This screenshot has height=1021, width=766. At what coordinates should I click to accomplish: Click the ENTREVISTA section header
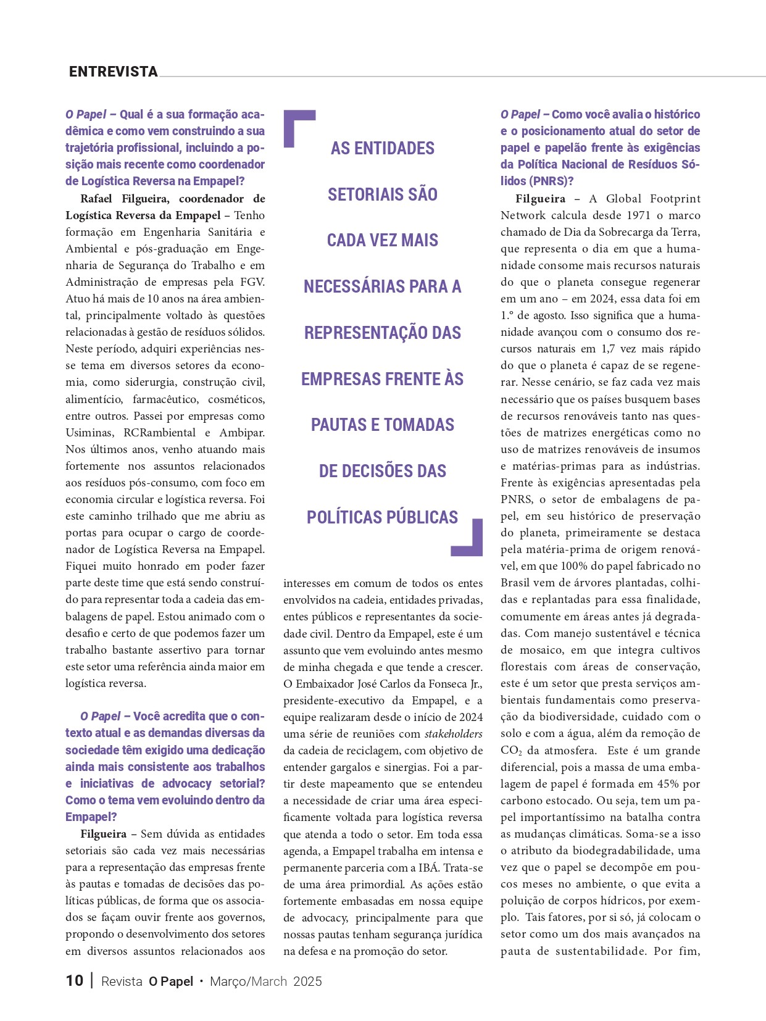(x=114, y=72)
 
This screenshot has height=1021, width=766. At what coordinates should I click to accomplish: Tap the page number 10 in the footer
(x=75, y=981)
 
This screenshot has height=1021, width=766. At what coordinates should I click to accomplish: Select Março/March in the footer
(x=248, y=981)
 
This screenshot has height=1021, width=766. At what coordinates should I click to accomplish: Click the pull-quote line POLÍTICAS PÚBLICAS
(x=382, y=517)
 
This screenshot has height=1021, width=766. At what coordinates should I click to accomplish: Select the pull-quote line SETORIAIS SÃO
(x=382, y=194)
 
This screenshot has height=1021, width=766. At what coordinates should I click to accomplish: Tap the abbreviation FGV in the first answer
(x=250, y=282)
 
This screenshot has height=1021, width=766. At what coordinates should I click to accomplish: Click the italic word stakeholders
(x=453, y=734)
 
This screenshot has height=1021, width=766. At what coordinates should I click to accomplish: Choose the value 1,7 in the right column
(x=608, y=349)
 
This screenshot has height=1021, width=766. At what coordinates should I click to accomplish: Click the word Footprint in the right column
(x=675, y=199)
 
